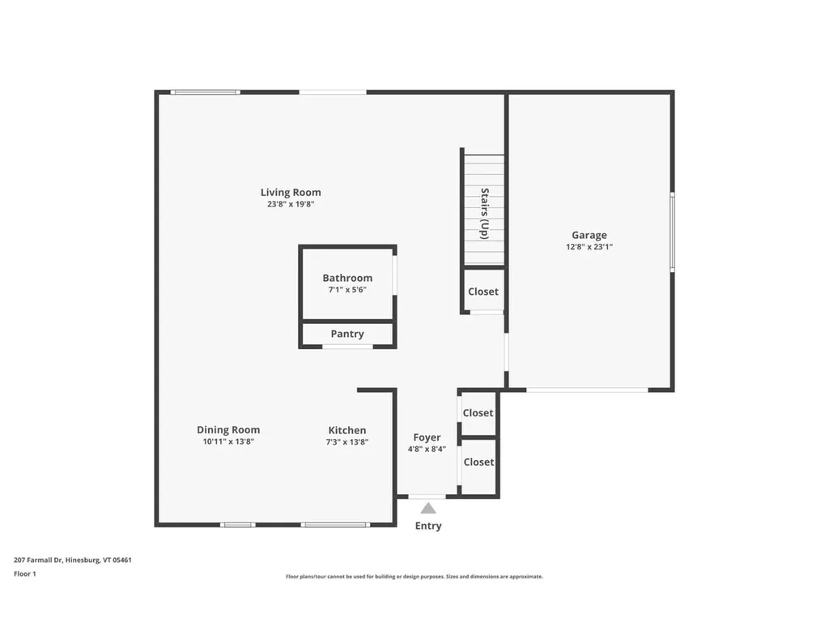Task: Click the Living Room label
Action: coord(291,192)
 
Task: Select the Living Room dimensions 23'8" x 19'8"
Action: coord(291,204)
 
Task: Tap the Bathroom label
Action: coord(347,278)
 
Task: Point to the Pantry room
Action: coord(347,334)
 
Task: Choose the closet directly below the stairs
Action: coord(483,292)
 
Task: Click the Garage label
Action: coord(589,236)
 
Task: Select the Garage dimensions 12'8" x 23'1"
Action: coord(589,247)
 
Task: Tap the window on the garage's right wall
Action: coord(671,232)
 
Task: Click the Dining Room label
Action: coord(228,430)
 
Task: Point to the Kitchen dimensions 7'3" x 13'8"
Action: coord(347,441)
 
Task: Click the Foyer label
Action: coord(427,437)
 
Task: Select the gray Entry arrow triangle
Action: coord(428,509)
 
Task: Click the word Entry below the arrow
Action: coord(428,526)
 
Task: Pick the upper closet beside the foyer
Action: coord(478,413)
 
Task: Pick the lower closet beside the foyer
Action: coord(478,462)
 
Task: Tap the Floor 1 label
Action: coord(25,573)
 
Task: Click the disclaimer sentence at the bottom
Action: coord(414,577)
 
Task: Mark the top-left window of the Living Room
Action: coord(206,92)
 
